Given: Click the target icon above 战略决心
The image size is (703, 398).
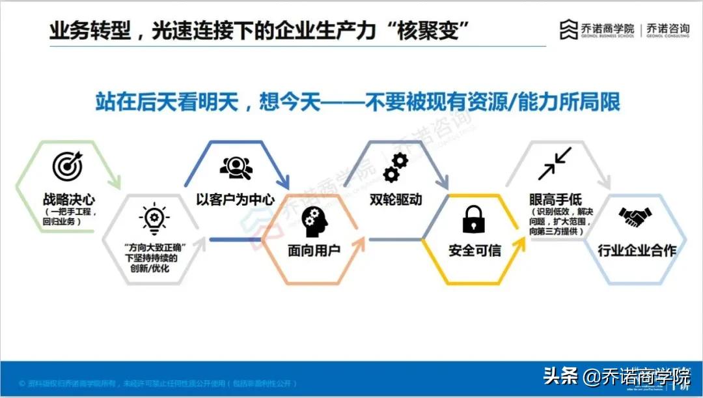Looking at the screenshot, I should [x=67, y=167].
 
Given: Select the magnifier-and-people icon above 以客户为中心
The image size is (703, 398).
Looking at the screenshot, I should [x=235, y=168].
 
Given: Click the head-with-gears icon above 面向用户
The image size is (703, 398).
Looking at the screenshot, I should [x=314, y=221].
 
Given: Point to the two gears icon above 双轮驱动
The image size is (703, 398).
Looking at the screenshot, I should [x=394, y=167].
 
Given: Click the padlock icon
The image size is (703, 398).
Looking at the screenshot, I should [x=475, y=220].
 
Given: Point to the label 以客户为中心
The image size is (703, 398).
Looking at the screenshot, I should [x=235, y=199].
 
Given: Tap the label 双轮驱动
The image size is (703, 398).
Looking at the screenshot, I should [x=395, y=199].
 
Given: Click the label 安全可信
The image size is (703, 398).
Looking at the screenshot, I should [x=475, y=250].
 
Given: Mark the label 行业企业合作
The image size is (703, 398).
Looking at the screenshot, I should [x=637, y=250].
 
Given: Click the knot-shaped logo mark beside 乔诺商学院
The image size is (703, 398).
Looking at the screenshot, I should [x=569, y=29].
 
